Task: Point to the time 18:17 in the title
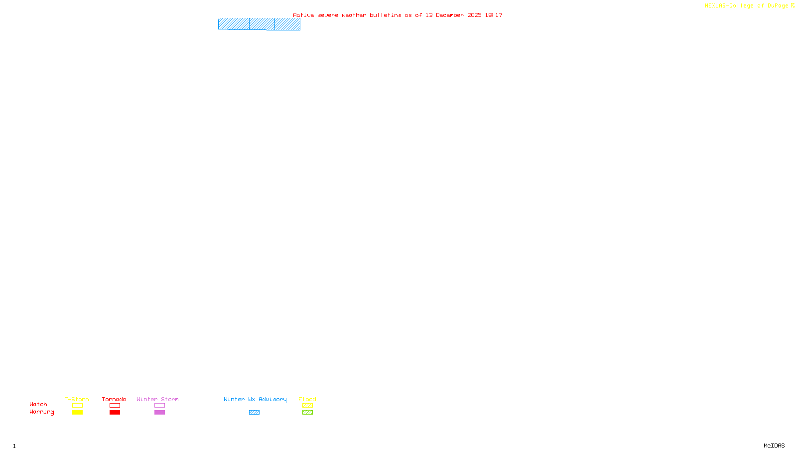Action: point(494,15)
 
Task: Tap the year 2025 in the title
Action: point(474,15)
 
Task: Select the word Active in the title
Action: point(303,15)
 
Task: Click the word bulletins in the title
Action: point(386,15)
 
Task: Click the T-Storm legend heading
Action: point(77,399)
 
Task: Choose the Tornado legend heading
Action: point(114,399)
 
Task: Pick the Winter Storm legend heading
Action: point(157,399)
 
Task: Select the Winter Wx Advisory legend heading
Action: point(255,399)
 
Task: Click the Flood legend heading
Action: point(307,399)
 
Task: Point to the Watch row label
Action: point(38,405)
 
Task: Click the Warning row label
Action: point(42,412)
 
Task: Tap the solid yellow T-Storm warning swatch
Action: point(77,413)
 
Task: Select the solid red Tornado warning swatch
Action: point(115,413)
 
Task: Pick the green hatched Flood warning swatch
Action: point(308,413)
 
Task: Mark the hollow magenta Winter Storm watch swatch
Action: point(160,406)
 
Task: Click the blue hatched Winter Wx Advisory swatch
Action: point(255,413)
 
